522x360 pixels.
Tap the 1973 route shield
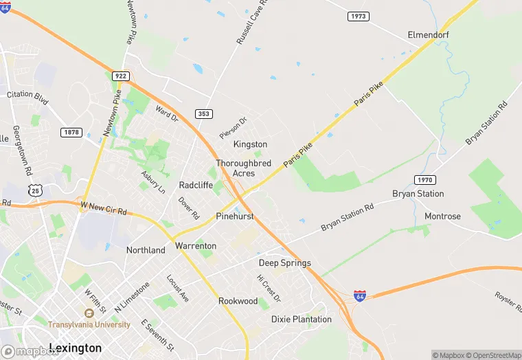tap(357, 16)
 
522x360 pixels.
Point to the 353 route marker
tap(203, 114)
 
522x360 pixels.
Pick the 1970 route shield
tap(424, 179)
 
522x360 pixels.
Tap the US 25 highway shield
tap(34, 190)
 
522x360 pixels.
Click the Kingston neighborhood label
tap(250, 144)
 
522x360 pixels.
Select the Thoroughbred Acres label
tap(243, 168)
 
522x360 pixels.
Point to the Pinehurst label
tap(235, 216)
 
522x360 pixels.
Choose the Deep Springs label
tap(284, 263)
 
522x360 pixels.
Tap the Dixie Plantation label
tap(302, 319)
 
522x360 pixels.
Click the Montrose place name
tap(442, 216)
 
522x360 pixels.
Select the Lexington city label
tap(76, 348)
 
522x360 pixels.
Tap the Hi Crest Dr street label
tap(269, 289)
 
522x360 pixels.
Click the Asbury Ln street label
tap(152, 181)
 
